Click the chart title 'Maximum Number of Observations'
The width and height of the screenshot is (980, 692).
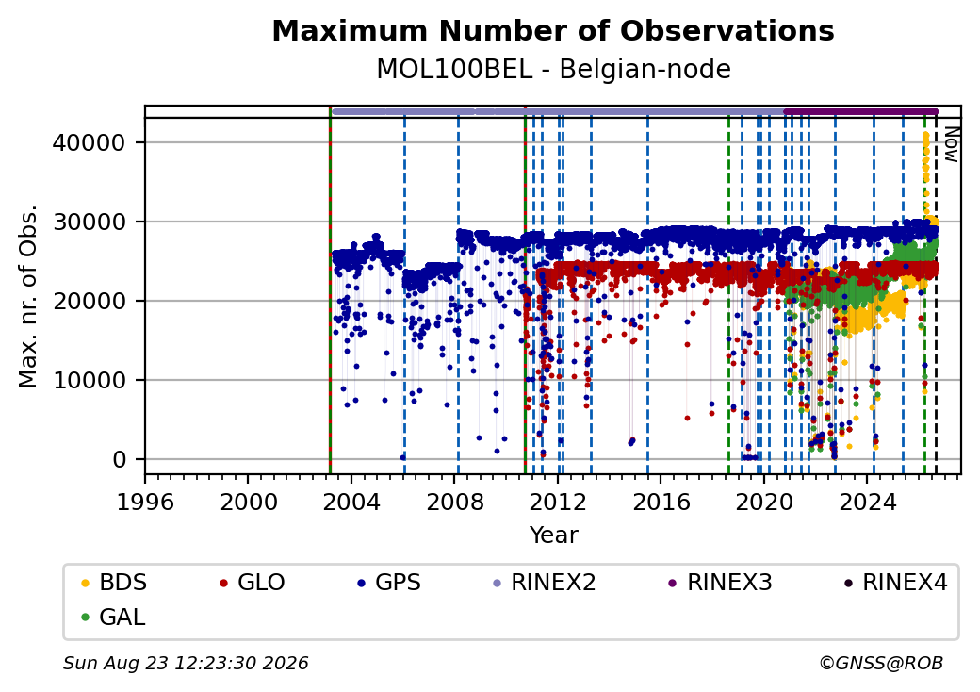coord(553,30)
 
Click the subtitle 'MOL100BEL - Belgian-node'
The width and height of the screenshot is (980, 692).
coord(553,70)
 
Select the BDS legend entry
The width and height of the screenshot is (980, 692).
coord(114,583)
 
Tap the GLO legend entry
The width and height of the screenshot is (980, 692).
coord(253,583)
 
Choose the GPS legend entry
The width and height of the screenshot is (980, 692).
coord(389,583)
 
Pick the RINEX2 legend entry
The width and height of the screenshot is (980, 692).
coord(545,583)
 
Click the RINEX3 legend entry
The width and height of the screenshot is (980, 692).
coord(721,583)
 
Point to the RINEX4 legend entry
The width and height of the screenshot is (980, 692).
coord(896,583)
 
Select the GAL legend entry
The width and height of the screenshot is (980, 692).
coord(114,617)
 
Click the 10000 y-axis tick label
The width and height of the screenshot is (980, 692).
coord(89,380)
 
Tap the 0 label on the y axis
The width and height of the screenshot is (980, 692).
coord(120,459)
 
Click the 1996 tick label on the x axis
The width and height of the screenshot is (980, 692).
coord(146,502)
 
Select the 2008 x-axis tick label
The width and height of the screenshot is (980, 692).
coord(455,502)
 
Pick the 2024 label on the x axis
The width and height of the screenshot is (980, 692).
coord(868,502)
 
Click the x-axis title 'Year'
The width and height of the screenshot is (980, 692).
coord(554,535)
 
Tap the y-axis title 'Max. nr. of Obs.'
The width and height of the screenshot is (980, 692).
coord(28,296)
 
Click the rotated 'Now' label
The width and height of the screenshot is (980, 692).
coord(951,145)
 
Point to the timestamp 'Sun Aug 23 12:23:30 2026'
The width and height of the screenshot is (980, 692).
coord(186,663)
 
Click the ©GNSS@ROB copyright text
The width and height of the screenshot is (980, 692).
coord(881,663)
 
